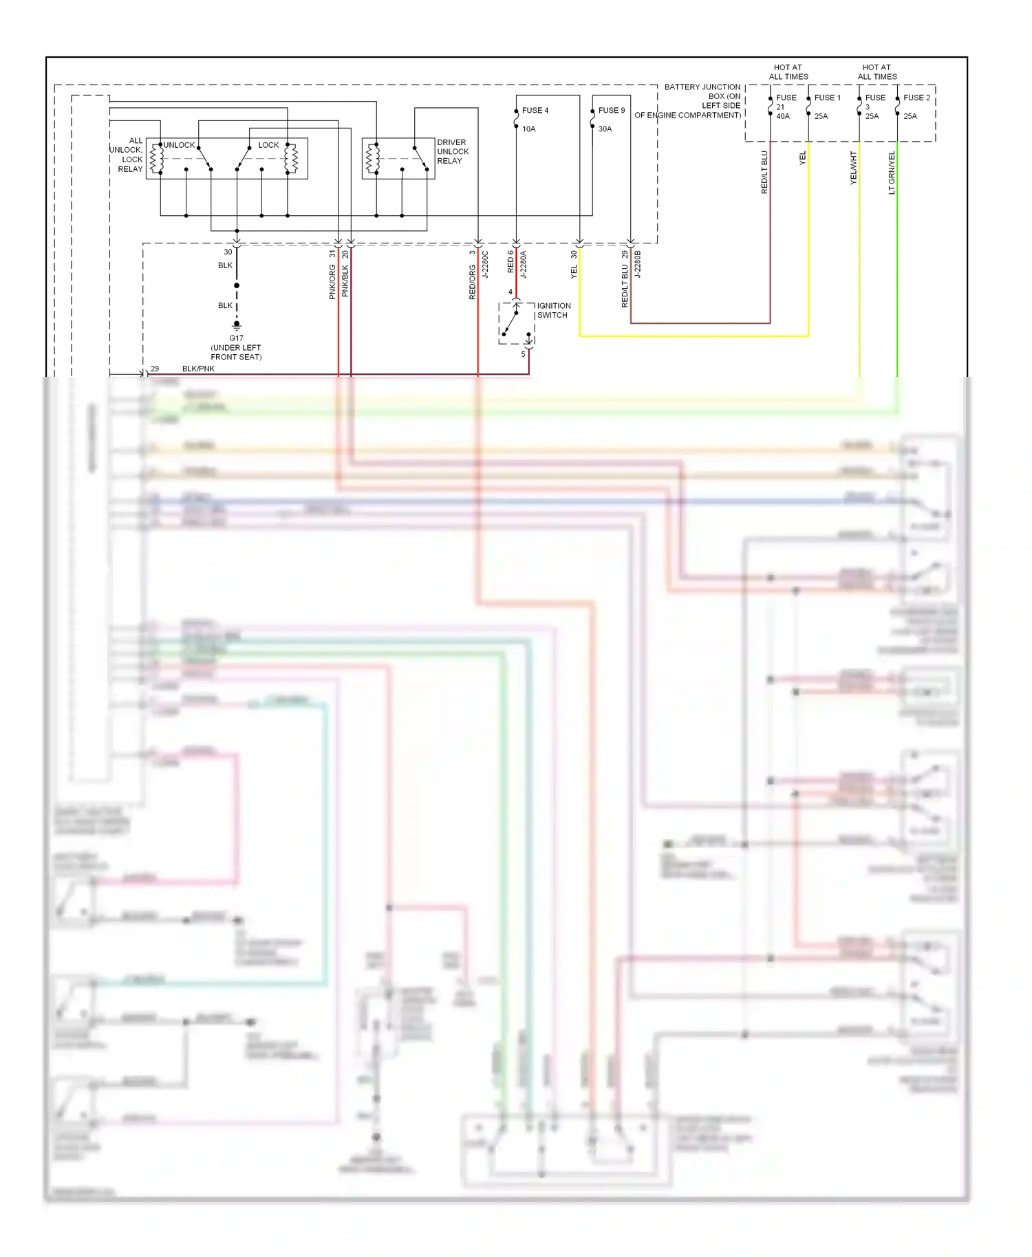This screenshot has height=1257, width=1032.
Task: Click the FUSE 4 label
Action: [x=535, y=110]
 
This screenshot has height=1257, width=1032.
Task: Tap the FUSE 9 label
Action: [x=611, y=110]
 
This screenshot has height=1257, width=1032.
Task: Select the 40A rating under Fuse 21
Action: [x=783, y=116]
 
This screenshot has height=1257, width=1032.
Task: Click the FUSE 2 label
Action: [x=916, y=98]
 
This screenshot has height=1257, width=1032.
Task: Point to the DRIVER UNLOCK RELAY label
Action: [x=453, y=151]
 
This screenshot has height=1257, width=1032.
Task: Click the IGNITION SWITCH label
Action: [x=553, y=310]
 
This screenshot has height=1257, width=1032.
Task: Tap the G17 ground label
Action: [x=236, y=338]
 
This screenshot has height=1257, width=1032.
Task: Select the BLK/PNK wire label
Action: [x=198, y=369]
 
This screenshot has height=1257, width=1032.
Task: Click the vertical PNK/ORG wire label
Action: [x=332, y=282]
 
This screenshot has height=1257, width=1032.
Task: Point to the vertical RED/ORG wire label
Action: [x=472, y=282]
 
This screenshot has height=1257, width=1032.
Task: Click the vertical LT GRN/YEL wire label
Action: [x=892, y=173]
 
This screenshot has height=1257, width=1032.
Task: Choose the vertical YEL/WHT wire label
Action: [x=853, y=168]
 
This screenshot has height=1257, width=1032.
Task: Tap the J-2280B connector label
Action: [x=637, y=264]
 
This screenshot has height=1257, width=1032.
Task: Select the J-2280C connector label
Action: [x=484, y=264]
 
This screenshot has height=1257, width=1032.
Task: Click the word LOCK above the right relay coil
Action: [x=268, y=145]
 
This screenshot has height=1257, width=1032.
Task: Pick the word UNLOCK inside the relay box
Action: [x=179, y=145]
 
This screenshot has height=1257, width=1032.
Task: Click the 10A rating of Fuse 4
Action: [x=528, y=129]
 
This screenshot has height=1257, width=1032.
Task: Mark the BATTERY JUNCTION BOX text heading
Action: [x=702, y=87]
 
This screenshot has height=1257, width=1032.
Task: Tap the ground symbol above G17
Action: [x=237, y=325]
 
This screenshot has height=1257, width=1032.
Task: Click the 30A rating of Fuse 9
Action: [x=605, y=129]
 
